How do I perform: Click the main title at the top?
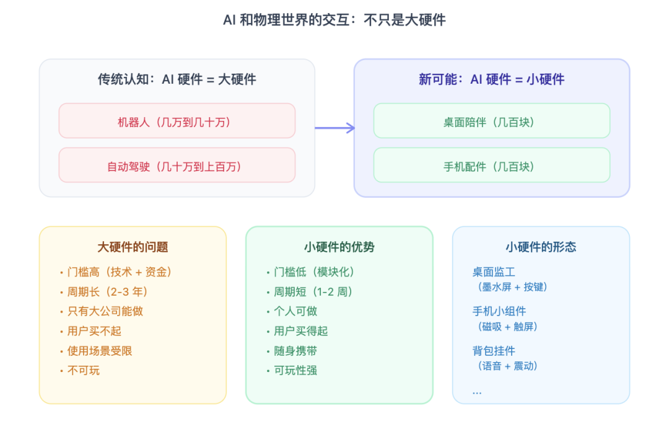pyautogui.click(x=334, y=20)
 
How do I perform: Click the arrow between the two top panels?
pyautogui.click(x=334, y=128)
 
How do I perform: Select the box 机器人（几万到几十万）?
pyautogui.click(x=177, y=122)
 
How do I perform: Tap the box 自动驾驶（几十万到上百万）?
pyautogui.click(x=177, y=166)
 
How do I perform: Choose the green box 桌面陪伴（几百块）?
pyautogui.click(x=491, y=122)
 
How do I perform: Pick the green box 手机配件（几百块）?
pyautogui.click(x=491, y=166)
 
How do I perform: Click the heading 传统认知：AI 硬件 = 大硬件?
pyautogui.click(x=177, y=79)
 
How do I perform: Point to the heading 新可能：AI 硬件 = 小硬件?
pyautogui.click(x=491, y=79)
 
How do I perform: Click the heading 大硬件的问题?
pyautogui.click(x=133, y=247)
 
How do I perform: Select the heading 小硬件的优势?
pyautogui.click(x=339, y=247)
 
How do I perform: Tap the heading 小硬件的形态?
pyautogui.click(x=541, y=247)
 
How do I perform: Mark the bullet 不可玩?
pyautogui.click(x=83, y=371)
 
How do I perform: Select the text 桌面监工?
pyautogui.click(x=494, y=272)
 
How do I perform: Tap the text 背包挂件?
pyautogui.click(x=494, y=351)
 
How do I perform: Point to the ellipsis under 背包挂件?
pyautogui.click(x=477, y=392)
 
